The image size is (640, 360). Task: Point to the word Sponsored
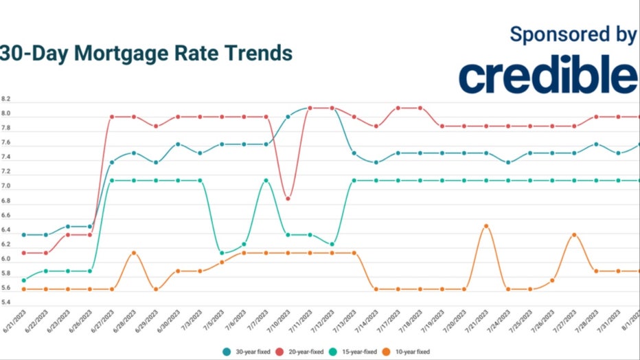click(x=549, y=34)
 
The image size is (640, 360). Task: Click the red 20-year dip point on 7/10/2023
click(x=288, y=199)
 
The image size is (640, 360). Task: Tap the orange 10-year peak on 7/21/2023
click(x=485, y=226)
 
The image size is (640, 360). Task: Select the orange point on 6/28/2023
click(x=134, y=253)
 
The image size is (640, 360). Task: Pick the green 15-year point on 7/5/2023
click(x=222, y=253)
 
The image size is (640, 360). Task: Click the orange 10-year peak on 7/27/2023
click(x=573, y=235)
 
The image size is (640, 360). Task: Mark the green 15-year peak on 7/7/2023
click(x=266, y=181)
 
